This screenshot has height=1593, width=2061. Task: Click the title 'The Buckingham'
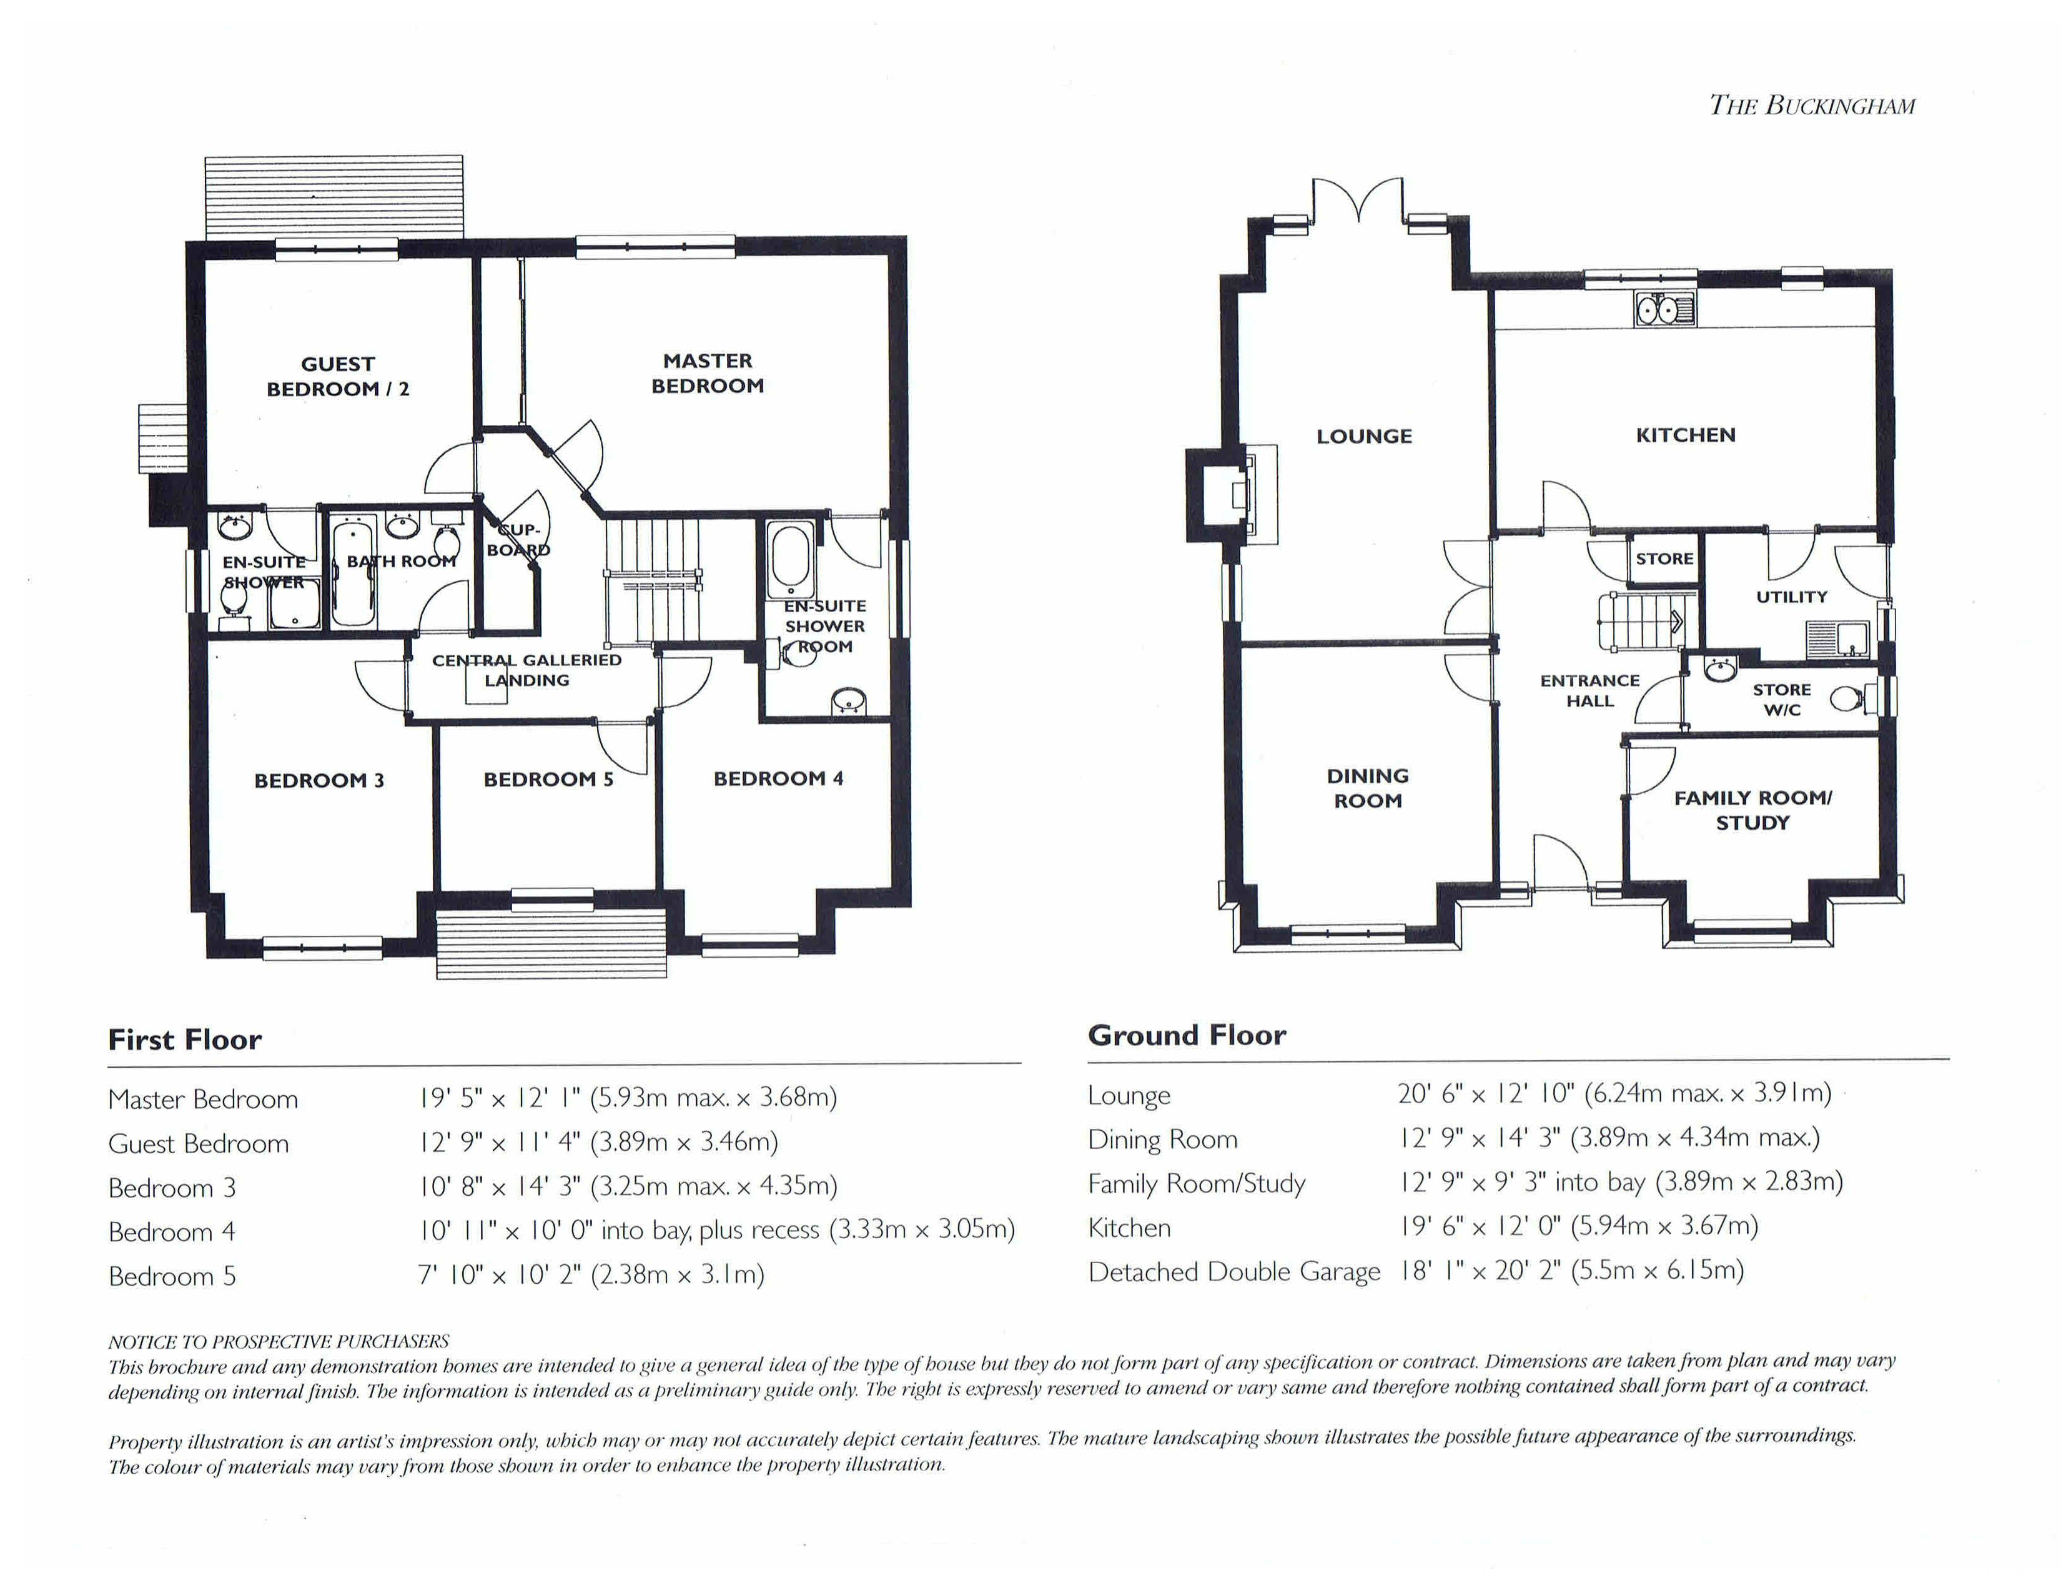(1812, 105)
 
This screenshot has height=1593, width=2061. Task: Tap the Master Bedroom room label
(708, 373)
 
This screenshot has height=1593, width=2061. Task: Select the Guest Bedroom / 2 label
(338, 375)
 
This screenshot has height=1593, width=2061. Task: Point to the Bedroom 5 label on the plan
(548, 780)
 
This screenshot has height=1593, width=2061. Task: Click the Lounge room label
(1365, 436)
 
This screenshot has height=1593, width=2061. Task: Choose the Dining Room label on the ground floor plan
(1367, 788)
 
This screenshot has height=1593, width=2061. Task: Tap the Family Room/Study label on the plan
(1752, 810)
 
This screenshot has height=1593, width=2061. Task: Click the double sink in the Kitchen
(1664, 309)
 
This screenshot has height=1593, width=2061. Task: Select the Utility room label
(1791, 597)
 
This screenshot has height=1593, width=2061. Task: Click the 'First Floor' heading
(185, 1040)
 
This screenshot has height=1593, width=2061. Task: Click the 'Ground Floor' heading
(1187, 1035)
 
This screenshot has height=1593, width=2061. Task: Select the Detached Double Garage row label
(1234, 1272)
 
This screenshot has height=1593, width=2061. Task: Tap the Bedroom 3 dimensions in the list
(628, 1185)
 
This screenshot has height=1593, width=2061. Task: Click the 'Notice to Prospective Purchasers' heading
(279, 1341)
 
